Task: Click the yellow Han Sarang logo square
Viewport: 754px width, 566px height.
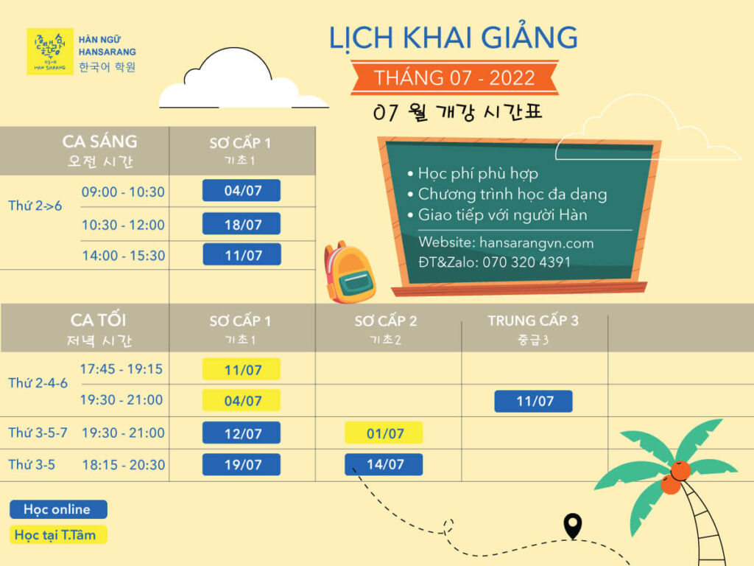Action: (50, 52)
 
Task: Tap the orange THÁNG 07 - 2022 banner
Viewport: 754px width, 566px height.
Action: (454, 77)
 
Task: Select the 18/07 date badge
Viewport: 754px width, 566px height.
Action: (242, 224)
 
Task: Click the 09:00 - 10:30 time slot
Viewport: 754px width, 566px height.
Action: (123, 192)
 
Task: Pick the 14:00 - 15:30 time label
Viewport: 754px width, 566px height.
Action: (124, 256)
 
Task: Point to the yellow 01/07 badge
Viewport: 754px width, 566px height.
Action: (384, 433)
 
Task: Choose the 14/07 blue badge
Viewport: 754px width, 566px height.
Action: (384, 464)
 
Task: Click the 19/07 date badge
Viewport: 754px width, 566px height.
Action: (242, 464)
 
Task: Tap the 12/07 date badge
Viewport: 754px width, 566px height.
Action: (242, 433)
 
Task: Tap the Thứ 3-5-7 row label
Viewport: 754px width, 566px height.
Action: (38, 433)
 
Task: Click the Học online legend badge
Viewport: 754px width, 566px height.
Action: (58, 509)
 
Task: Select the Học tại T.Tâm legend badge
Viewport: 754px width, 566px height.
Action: (58, 535)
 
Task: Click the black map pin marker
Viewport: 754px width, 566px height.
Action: (572, 525)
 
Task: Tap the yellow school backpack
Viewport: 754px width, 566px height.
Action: (349, 273)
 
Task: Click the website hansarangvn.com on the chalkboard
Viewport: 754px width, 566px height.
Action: (537, 242)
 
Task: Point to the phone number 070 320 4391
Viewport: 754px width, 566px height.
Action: (526, 262)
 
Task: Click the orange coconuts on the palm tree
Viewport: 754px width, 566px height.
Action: (675, 478)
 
